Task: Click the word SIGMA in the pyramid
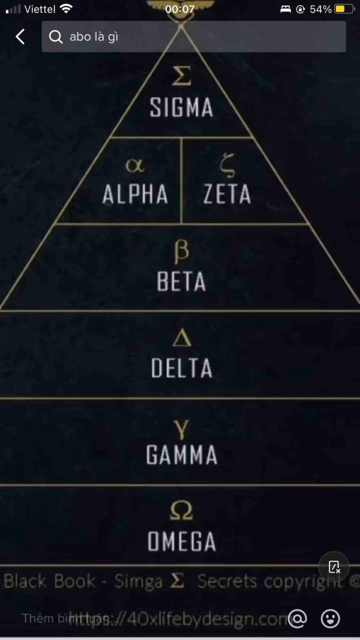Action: coord(181,107)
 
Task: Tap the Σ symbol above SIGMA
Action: coord(181,76)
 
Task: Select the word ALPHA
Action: coord(135,194)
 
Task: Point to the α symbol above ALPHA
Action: coord(135,164)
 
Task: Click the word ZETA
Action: coord(227,194)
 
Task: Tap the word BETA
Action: coord(181,281)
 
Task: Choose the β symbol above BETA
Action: coord(181,251)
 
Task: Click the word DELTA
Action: coord(181,368)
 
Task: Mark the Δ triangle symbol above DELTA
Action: coord(181,338)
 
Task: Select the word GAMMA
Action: coord(181,455)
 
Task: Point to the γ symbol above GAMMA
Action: coord(181,426)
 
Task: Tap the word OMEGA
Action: coord(181,542)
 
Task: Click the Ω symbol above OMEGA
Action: coord(181,512)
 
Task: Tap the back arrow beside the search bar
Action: coord(20,37)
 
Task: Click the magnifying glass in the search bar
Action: coord(56,37)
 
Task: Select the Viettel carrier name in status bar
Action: coord(40,9)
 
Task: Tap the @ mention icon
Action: coord(297,618)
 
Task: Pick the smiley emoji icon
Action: coord(330,618)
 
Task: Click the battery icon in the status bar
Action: coord(344,9)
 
